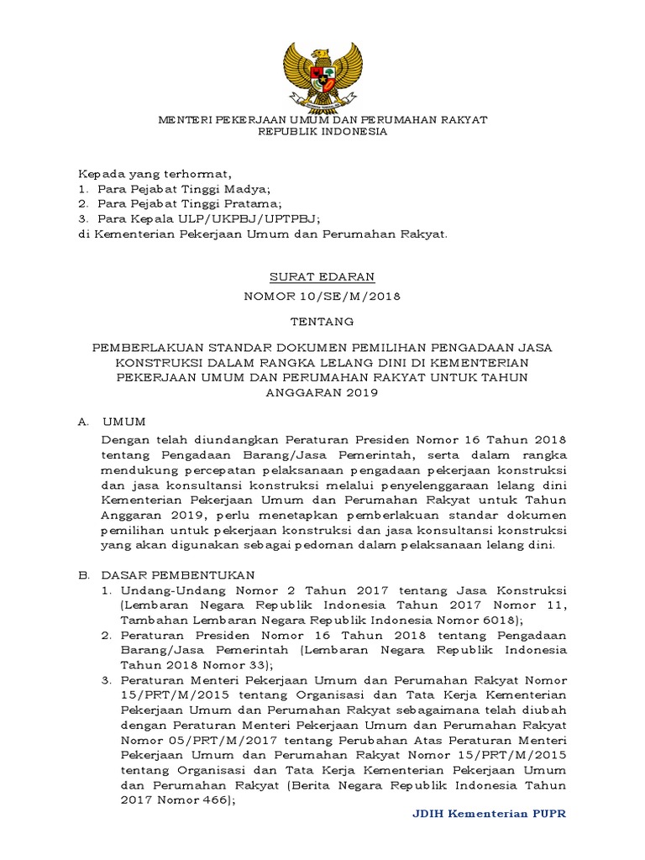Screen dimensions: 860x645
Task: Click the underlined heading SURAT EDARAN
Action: point(322,276)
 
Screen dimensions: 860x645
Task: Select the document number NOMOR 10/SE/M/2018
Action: point(322,296)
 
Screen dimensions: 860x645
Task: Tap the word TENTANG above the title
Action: point(322,322)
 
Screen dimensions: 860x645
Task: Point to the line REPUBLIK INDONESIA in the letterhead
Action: point(322,132)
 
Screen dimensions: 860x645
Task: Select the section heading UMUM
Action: point(123,422)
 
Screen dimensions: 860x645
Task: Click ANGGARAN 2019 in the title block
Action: point(322,392)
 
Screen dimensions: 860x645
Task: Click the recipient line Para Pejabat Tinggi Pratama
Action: point(189,204)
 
